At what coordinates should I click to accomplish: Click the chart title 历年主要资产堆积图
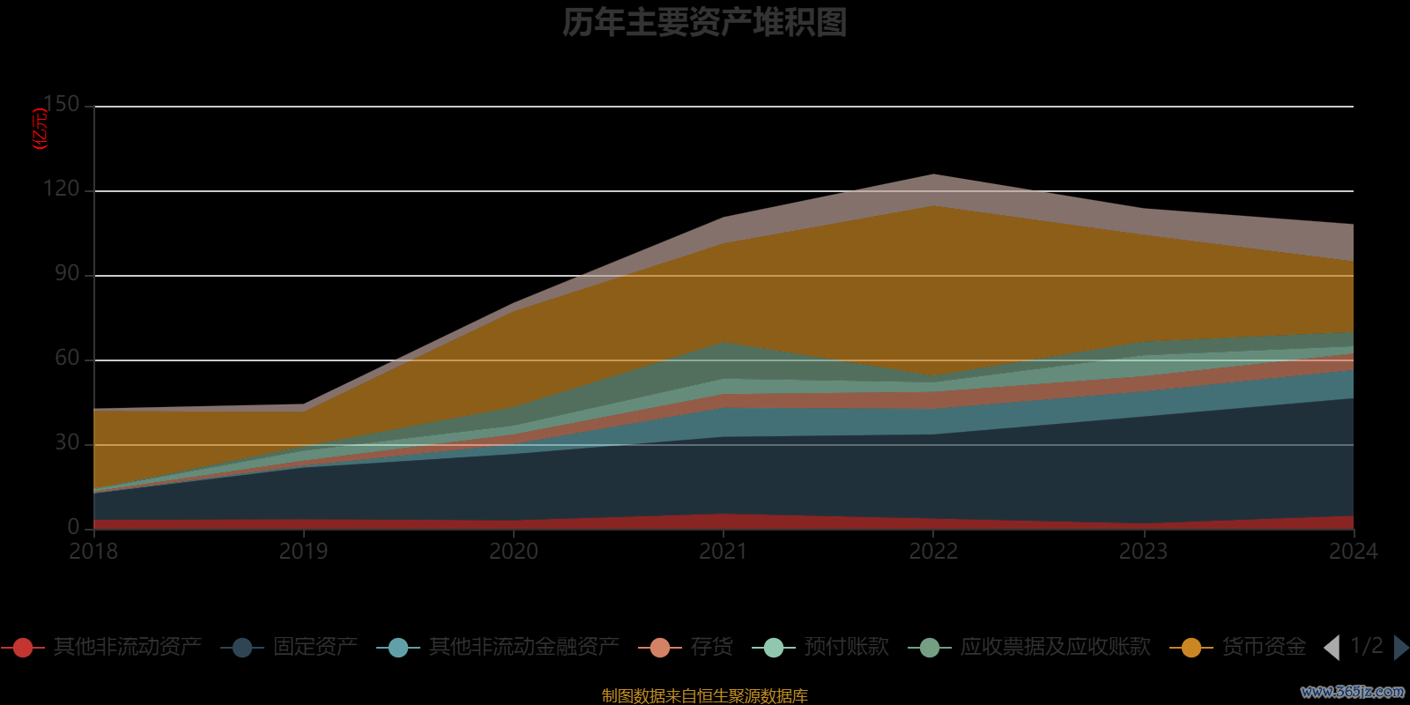[704, 23]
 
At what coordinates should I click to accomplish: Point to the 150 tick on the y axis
[62, 105]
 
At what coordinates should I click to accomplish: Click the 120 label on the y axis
[62, 189]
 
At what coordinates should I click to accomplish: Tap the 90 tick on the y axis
[67, 274]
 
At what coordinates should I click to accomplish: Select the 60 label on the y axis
[67, 359]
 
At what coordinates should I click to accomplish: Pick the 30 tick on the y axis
[67, 443]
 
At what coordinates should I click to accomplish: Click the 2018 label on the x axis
[93, 552]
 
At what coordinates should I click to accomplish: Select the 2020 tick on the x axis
[514, 552]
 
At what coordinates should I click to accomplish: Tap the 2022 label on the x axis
[933, 552]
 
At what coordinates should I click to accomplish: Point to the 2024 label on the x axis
[1353, 552]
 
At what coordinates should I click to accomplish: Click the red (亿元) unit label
[40, 129]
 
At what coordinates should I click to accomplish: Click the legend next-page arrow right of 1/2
[1400, 648]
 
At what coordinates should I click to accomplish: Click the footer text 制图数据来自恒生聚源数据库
[704, 696]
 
